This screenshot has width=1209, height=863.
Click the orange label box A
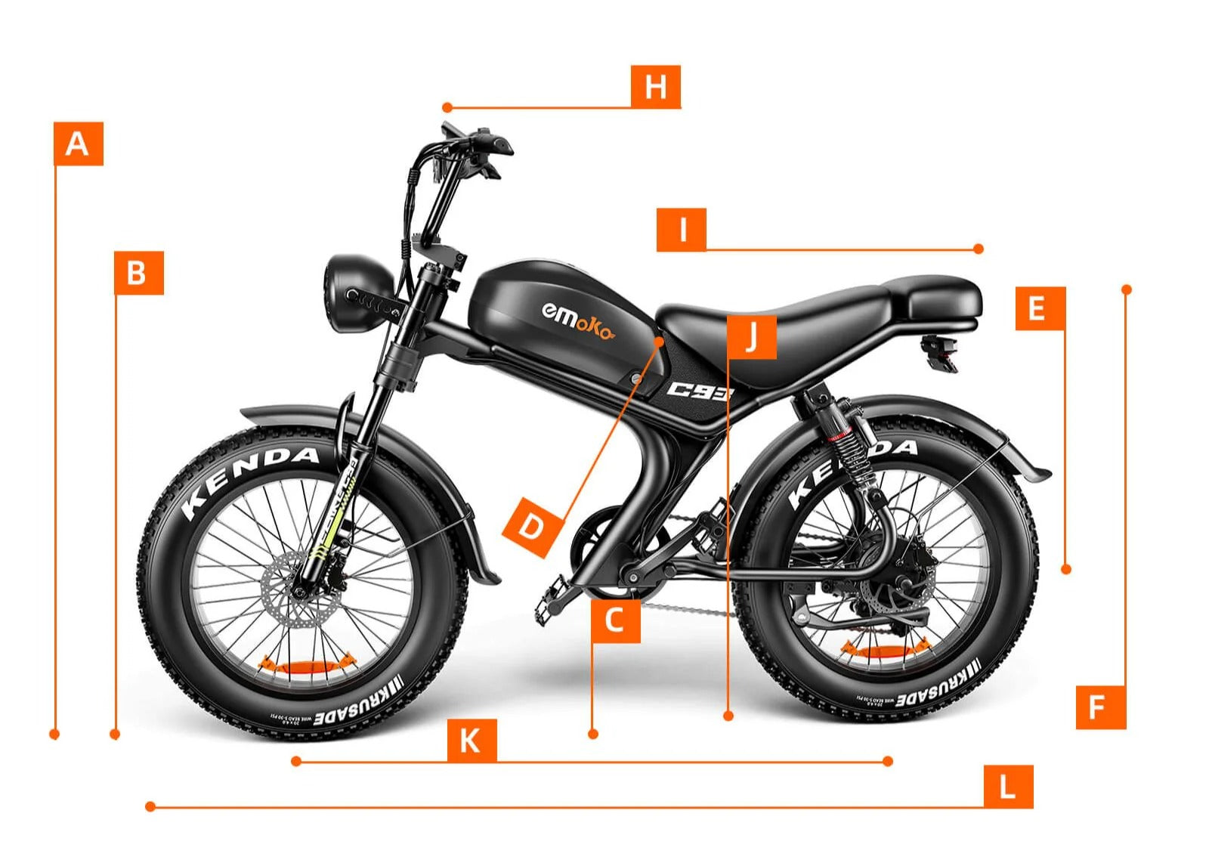click(x=78, y=144)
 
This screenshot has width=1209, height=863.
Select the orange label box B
click(x=138, y=272)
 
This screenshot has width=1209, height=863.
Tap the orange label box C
click(x=615, y=620)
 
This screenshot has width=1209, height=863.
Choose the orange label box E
click(x=1039, y=308)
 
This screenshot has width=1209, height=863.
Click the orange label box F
click(x=1100, y=707)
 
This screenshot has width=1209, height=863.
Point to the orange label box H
click(x=655, y=87)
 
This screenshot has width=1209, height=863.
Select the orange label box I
click(x=681, y=230)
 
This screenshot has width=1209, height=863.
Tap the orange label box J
click(x=751, y=337)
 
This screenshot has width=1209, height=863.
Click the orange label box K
click(x=472, y=741)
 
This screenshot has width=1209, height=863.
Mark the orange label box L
click(x=1007, y=787)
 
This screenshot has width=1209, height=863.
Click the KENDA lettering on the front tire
click(x=249, y=476)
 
